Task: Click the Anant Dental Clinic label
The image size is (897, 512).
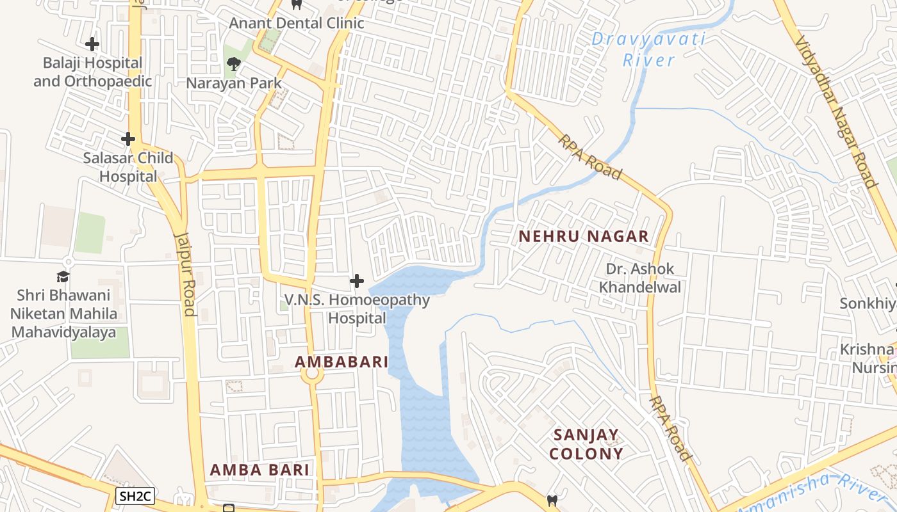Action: tap(297, 23)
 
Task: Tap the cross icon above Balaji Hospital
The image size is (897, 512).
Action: tap(92, 44)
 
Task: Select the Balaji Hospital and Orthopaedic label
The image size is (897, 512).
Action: tap(92, 72)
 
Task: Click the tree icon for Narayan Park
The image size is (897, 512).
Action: tap(233, 63)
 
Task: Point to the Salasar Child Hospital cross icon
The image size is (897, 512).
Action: tap(128, 138)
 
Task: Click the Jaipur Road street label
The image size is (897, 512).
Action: tap(185, 273)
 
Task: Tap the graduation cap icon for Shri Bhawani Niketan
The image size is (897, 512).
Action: tap(63, 276)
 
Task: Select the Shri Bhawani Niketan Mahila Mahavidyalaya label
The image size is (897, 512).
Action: tap(63, 314)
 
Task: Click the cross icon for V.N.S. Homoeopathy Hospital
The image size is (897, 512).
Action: tap(357, 281)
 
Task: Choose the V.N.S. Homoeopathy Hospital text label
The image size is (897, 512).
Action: tap(358, 308)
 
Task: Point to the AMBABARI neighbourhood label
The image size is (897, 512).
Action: tap(342, 362)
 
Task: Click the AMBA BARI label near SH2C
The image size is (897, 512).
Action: tap(259, 470)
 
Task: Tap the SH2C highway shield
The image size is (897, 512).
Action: tap(135, 495)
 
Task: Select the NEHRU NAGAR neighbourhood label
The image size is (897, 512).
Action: tap(584, 236)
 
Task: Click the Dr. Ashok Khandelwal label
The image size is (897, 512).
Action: tap(639, 278)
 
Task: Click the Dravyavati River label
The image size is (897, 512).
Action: tap(648, 49)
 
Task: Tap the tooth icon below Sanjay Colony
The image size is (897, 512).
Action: tap(552, 500)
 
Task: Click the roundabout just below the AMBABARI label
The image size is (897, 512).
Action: tap(312, 376)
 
